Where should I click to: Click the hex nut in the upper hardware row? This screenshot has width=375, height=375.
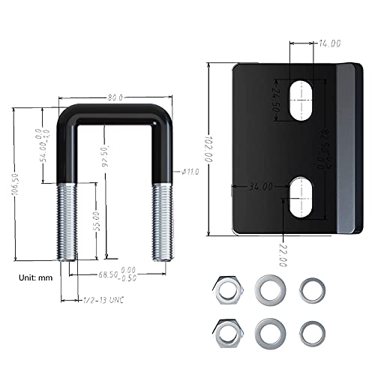click(224, 288)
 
